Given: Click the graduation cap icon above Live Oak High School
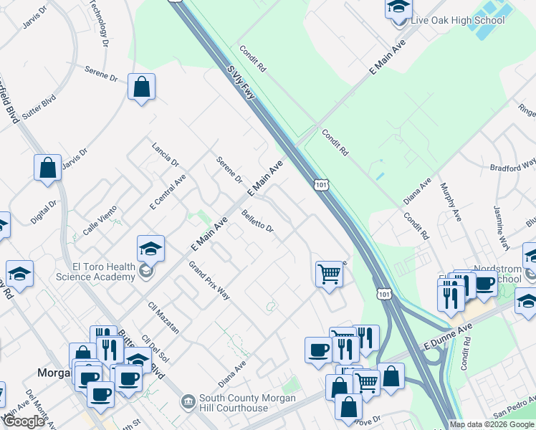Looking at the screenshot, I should [399, 8].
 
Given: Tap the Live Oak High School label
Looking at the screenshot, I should [457, 20].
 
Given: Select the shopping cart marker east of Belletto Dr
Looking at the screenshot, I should [329, 273].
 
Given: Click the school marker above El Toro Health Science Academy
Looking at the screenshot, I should [151, 249].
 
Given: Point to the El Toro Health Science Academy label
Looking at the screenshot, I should [95, 272].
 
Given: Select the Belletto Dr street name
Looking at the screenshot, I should [258, 221].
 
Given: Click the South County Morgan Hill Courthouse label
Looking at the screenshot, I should [234, 403].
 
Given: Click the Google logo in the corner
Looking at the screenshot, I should [24, 421].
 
